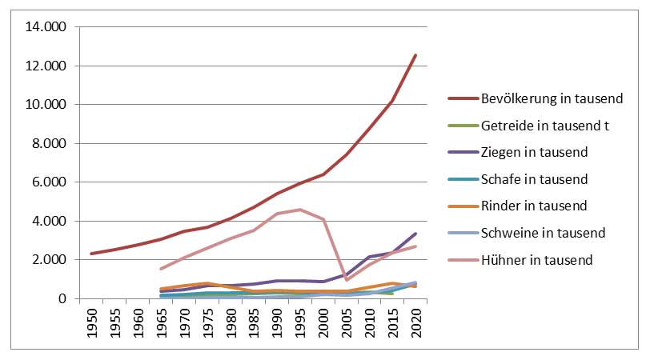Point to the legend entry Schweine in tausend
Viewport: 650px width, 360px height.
540,232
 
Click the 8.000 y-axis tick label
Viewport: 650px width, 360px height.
51,143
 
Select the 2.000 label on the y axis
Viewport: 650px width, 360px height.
51,260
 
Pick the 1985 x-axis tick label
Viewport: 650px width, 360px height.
254,322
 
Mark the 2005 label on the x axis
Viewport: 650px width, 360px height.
346,322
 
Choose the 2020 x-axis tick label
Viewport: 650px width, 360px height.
415,322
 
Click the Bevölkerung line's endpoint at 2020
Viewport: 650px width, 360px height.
415,55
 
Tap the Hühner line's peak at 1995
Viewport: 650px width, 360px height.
300,210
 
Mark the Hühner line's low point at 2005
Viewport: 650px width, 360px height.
346,280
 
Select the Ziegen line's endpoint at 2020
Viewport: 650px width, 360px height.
415,234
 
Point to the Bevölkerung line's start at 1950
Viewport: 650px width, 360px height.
93,254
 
